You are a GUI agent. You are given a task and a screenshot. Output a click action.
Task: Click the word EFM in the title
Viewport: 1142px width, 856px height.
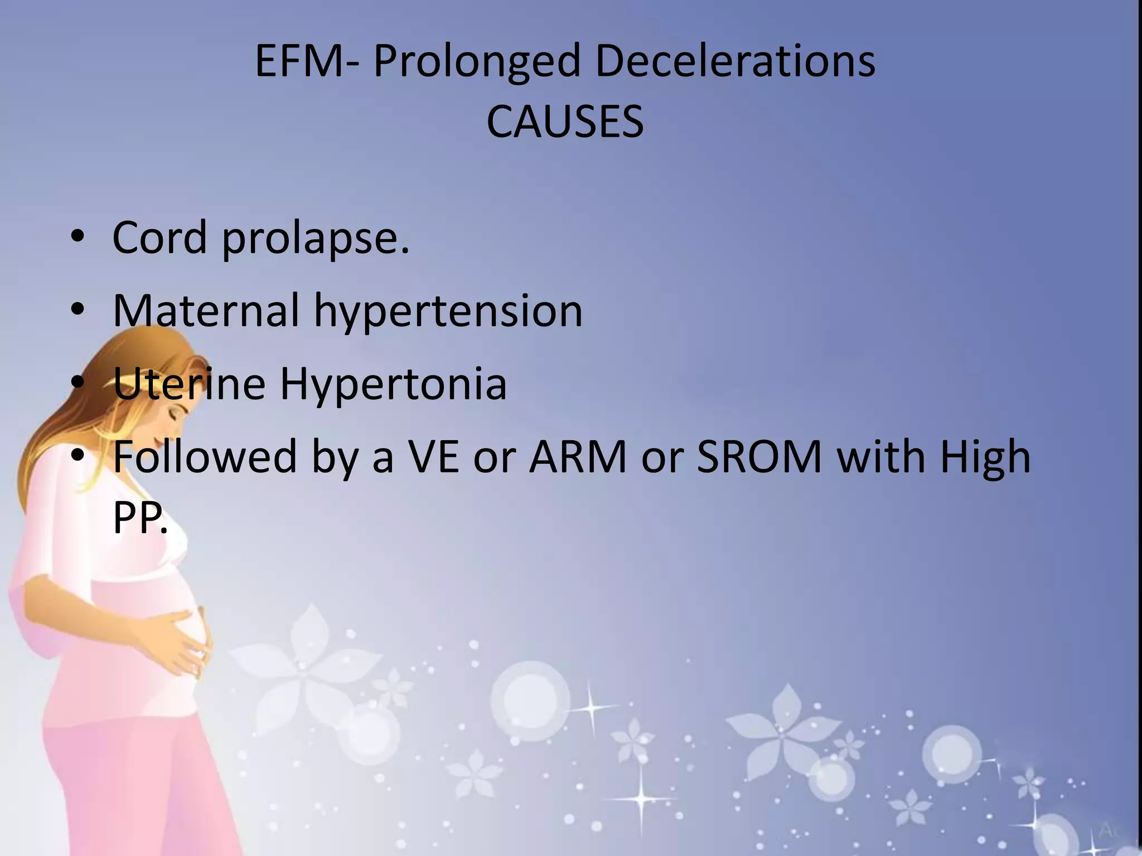click(x=299, y=61)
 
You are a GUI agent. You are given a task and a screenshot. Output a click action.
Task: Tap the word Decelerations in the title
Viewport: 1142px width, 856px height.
click(x=735, y=61)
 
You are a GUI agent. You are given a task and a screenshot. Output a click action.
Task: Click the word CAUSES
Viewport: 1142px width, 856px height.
click(x=565, y=122)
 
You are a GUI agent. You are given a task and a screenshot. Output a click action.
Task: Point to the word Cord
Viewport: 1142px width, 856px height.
click(x=159, y=237)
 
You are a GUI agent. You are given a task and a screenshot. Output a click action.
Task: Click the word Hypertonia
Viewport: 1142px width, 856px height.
click(x=393, y=385)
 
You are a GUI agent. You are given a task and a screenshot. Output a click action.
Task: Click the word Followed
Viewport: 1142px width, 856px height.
click(x=205, y=456)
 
